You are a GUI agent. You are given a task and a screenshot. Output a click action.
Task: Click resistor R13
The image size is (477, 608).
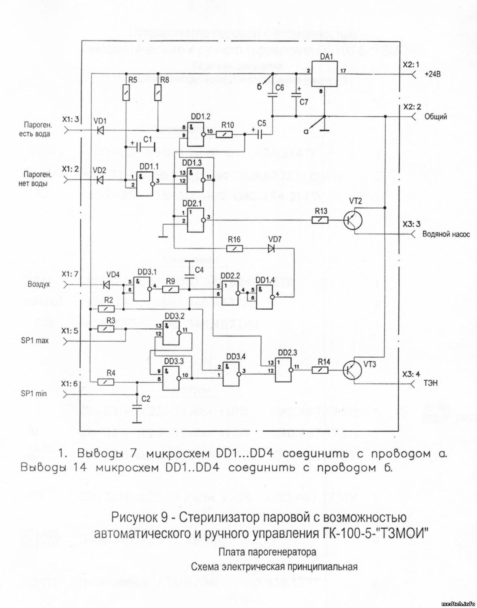tap(320, 220)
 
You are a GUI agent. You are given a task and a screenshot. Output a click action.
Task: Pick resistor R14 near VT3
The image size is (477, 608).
tap(320, 369)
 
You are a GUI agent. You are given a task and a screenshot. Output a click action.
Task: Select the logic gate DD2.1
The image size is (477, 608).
tap(196, 220)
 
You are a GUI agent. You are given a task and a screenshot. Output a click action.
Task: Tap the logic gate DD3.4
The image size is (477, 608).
tap(231, 373)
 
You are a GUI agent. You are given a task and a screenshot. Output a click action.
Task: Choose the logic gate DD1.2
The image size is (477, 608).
tap(196, 134)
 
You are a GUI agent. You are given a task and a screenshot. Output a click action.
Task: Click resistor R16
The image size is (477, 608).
tap(234, 249)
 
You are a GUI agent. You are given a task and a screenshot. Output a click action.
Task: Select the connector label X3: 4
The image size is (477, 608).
tap(411, 374)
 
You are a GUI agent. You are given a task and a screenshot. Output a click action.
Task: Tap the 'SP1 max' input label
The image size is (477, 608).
tap(34, 340)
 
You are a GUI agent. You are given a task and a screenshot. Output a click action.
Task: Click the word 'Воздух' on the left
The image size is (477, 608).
tap(39, 284)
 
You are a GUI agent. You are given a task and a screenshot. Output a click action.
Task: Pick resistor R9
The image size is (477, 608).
tap(171, 289)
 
